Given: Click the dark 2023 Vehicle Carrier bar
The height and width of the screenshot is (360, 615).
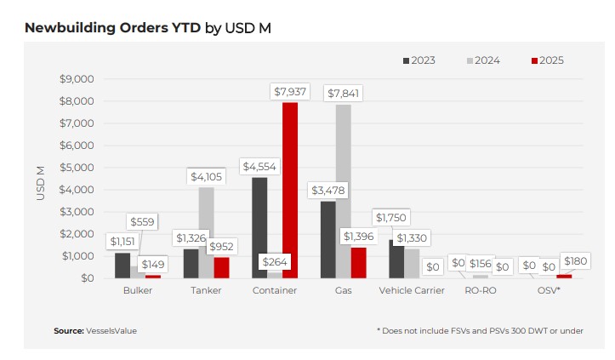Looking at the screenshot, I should [x=396, y=259].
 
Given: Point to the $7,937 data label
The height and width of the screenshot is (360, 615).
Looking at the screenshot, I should [x=291, y=91].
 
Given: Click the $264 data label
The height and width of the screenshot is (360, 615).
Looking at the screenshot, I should [x=276, y=262].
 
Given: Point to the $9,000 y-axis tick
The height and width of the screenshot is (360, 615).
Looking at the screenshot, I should [x=77, y=79].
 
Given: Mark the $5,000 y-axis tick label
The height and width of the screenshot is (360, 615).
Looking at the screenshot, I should [x=77, y=168].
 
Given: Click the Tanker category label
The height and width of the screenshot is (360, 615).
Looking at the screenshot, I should [x=207, y=291].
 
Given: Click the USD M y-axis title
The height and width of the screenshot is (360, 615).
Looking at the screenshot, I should [x=40, y=183].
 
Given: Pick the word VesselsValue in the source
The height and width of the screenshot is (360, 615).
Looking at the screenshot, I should [x=111, y=330].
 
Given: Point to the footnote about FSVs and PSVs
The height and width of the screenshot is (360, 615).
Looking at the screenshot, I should [x=480, y=330].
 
